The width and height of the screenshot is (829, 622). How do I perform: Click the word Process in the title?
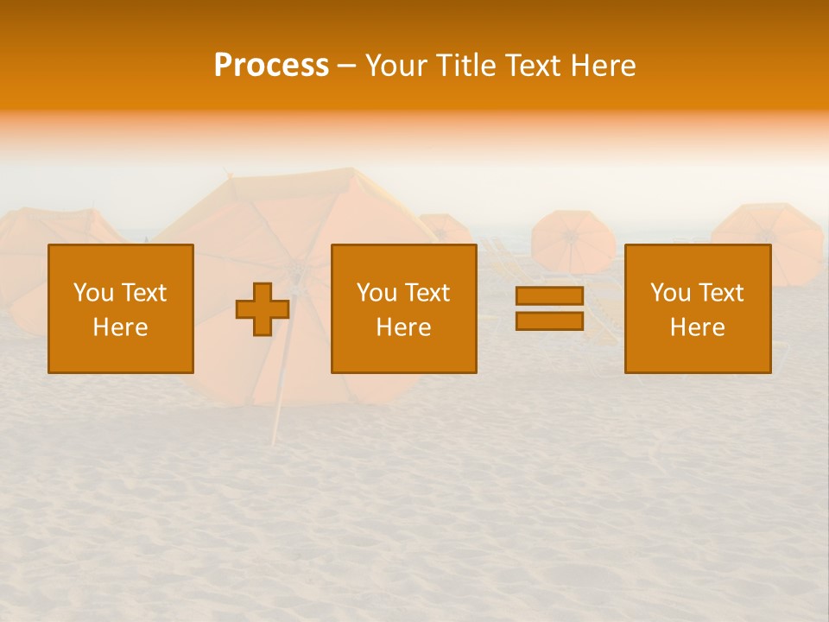pos(271,66)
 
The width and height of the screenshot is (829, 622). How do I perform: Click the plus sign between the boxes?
pos(263,309)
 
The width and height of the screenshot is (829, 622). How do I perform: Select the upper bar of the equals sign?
pos(549,296)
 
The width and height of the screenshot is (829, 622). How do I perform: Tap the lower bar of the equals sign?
pos(549,321)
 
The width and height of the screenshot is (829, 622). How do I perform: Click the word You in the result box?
pos(669,293)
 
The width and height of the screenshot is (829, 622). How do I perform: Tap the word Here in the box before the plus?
pos(120,327)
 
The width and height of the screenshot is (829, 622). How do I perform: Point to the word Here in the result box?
pos(697,327)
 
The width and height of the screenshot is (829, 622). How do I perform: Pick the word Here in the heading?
pos(604,66)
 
